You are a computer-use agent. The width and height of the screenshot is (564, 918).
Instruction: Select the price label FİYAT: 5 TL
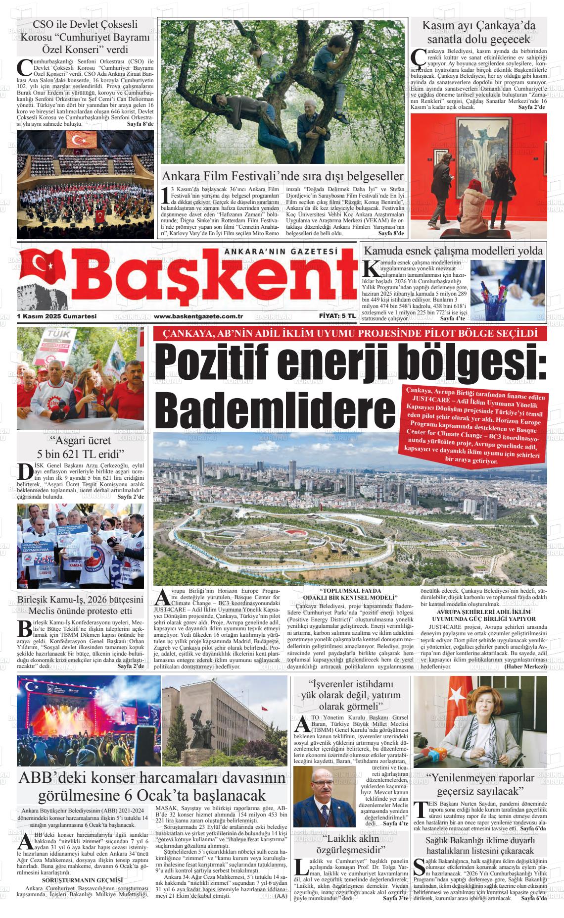pyautogui.click(x=335, y=316)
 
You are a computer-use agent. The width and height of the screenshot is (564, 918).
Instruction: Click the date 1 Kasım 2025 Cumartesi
pyautogui.click(x=56, y=316)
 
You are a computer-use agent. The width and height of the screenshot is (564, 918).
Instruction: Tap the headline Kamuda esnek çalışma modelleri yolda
pyautogui.click(x=453, y=251)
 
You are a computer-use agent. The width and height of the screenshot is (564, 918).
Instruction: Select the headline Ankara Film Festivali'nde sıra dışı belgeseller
pyautogui.click(x=282, y=177)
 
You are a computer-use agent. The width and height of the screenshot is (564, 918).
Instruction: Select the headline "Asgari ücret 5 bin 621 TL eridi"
pyautogui.click(x=80, y=447)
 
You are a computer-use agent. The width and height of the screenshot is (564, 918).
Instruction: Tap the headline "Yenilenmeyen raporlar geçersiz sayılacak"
pyautogui.click(x=480, y=784)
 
